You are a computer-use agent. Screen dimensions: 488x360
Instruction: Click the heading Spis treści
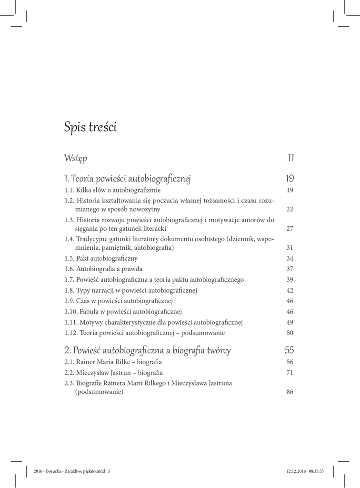90,128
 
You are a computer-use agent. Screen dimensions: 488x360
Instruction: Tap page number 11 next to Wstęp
291,158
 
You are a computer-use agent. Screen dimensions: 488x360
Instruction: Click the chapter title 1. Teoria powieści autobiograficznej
127,179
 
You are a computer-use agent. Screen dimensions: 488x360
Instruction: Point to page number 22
290,209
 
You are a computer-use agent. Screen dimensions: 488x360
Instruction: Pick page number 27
290,229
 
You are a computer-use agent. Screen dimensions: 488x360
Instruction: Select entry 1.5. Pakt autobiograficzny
101,259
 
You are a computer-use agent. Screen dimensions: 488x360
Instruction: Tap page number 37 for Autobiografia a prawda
290,269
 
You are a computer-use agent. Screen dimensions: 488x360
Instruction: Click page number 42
290,290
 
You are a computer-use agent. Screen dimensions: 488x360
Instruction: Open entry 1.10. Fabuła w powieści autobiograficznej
123,312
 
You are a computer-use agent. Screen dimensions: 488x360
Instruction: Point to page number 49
290,323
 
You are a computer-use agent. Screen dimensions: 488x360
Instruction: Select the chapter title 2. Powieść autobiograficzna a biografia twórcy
147,350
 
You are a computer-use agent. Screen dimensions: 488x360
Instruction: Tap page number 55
290,350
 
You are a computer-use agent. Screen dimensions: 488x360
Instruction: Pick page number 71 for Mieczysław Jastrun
290,373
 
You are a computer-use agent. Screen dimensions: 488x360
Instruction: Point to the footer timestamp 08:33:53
316,472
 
